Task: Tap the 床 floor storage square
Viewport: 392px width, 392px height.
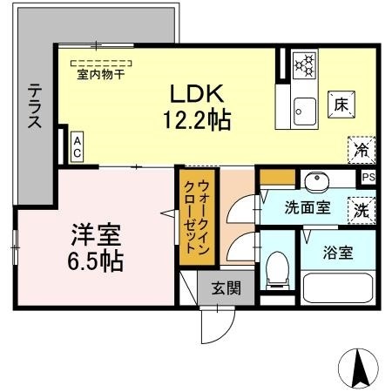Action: (340, 103)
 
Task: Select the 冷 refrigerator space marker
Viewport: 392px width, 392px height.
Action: (360, 149)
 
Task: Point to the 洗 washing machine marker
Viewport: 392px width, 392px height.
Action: (359, 209)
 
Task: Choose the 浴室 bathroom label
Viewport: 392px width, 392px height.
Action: (338, 253)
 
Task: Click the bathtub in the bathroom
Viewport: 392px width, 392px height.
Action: (338, 287)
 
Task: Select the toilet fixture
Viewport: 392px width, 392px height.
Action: (278, 268)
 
